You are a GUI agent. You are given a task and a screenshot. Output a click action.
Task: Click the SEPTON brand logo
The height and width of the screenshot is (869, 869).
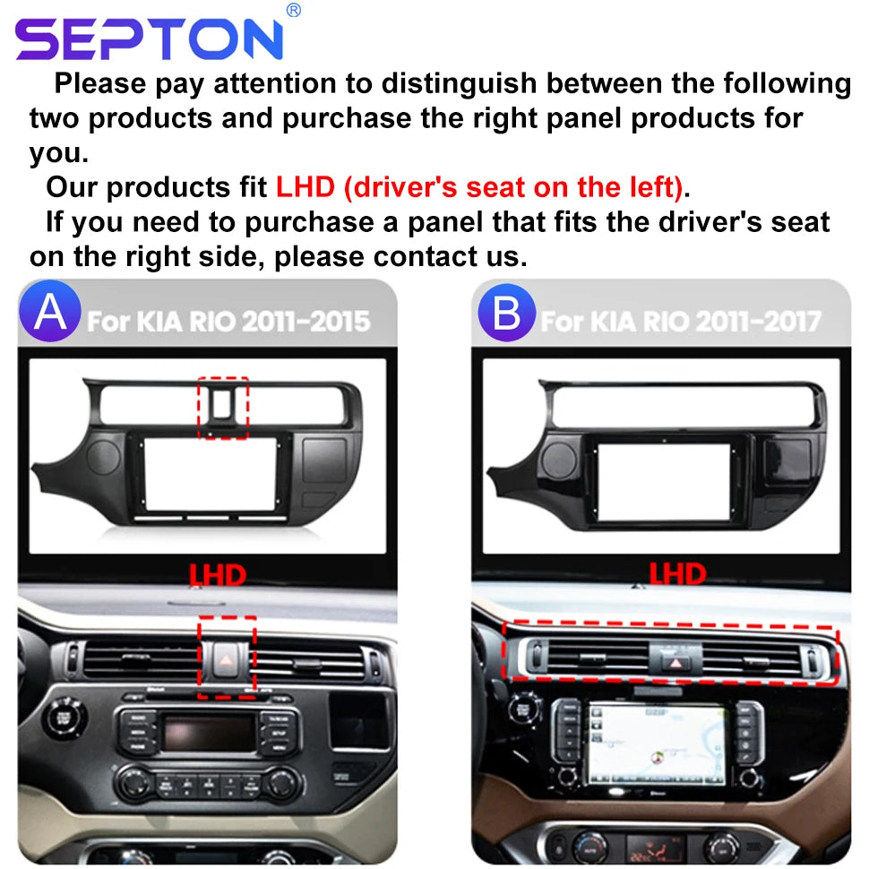150,38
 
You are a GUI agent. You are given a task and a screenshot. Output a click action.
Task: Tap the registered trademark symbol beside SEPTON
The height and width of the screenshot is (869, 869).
294,10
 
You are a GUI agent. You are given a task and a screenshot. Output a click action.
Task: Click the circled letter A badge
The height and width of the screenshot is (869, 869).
50,311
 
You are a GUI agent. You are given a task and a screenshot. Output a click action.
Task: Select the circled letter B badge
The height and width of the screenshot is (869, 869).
506,313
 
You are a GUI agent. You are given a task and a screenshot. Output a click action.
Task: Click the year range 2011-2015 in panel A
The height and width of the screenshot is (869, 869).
305,322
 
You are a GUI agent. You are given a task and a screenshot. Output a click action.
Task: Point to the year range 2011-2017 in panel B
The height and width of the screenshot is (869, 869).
759,322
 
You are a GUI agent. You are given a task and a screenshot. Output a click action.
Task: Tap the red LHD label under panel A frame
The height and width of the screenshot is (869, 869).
217,575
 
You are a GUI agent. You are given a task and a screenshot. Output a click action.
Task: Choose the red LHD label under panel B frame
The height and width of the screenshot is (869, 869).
678,574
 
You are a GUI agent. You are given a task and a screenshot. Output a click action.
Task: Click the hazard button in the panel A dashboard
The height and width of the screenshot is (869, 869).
226,659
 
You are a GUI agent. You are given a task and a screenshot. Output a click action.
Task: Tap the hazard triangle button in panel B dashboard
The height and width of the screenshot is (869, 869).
675,663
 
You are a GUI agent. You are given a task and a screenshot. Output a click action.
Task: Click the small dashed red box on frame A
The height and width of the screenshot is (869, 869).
223,408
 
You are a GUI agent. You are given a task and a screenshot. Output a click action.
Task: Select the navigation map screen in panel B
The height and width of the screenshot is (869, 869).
658,744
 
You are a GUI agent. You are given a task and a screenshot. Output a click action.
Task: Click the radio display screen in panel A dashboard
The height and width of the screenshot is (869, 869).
210,732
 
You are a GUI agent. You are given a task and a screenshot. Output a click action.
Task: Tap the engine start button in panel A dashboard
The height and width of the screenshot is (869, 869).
65,718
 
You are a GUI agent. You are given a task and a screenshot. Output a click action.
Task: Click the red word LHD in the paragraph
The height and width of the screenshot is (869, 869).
305,186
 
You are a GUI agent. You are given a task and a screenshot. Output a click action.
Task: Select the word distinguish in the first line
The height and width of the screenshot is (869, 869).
459,84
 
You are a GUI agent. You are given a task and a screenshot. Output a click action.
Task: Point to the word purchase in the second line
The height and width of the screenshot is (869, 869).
347,118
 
